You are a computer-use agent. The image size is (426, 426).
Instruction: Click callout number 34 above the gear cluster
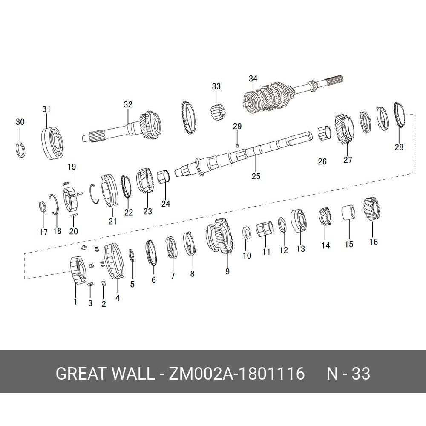tap(253, 79)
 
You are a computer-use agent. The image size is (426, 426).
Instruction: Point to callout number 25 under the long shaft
tap(256, 176)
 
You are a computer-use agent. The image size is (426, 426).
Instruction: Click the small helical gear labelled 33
tap(219, 112)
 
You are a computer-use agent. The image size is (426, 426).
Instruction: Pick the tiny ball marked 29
tap(237, 146)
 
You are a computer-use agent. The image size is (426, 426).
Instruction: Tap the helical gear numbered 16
tap(371, 209)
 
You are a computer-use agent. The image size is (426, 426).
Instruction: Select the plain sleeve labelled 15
tap(349, 212)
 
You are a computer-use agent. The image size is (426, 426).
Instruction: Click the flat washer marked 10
tap(246, 232)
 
